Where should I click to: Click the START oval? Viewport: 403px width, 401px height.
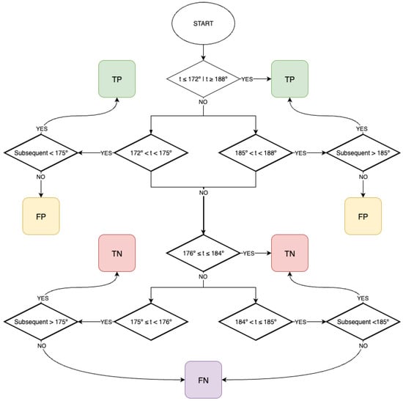click(203, 23)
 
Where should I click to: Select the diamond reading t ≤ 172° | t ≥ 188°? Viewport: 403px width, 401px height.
click(203, 78)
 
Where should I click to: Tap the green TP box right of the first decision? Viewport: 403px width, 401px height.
click(289, 79)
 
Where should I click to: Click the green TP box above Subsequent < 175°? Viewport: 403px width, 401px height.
click(117, 79)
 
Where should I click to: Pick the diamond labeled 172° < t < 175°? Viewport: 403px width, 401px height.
click(151, 152)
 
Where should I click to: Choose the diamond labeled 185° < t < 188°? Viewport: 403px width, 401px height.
click(256, 152)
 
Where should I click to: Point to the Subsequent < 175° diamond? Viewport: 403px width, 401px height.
click(41, 152)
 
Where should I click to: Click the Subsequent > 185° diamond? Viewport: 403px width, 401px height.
click(363, 152)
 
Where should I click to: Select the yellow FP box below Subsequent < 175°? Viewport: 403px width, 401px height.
click(41, 216)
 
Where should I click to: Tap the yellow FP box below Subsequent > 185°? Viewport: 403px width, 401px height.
click(363, 216)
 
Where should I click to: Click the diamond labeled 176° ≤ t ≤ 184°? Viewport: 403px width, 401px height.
click(203, 253)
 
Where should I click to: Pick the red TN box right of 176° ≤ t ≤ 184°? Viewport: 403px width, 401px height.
click(289, 253)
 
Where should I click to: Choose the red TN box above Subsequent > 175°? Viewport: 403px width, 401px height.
click(117, 253)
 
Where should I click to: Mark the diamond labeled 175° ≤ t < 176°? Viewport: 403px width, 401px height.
click(151, 322)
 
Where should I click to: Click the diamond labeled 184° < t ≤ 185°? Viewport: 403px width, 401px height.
click(256, 322)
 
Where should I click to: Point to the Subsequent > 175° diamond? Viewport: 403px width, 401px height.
click(41, 322)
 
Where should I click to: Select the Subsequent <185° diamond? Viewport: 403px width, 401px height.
click(363, 322)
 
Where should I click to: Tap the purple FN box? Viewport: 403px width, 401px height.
click(203, 380)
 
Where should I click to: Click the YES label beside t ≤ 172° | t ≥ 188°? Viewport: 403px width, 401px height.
click(247, 79)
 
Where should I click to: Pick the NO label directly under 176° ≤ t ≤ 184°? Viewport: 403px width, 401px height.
click(203, 277)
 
